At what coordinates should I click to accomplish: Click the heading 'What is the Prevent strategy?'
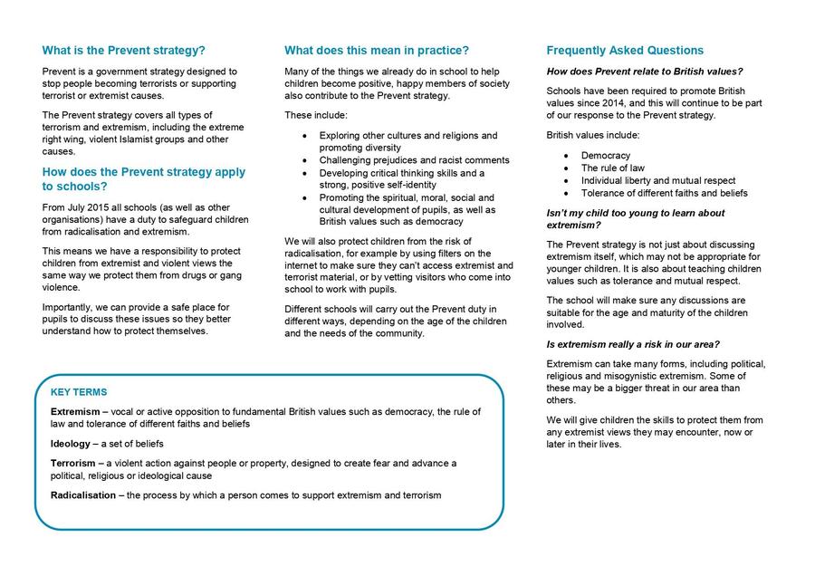(123, 51)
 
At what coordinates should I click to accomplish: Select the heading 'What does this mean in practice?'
(377, 51)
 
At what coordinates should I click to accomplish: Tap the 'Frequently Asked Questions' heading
(625, 51)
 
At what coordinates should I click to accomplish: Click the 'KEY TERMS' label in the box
(79, 392)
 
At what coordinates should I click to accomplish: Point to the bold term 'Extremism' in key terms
(74, 412)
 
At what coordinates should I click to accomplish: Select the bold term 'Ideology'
(71, 444)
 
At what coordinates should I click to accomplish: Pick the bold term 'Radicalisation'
(83, 495)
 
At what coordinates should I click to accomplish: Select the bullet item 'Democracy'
(606, 156)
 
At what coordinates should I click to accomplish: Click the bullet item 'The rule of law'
(613, 168)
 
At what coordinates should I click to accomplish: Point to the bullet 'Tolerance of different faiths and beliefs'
(664, 193)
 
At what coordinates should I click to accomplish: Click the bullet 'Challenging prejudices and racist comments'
(414, 160)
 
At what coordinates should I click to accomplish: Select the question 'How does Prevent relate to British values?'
(645, 72)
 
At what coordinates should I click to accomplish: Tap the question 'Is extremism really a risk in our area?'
(633, 344)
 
